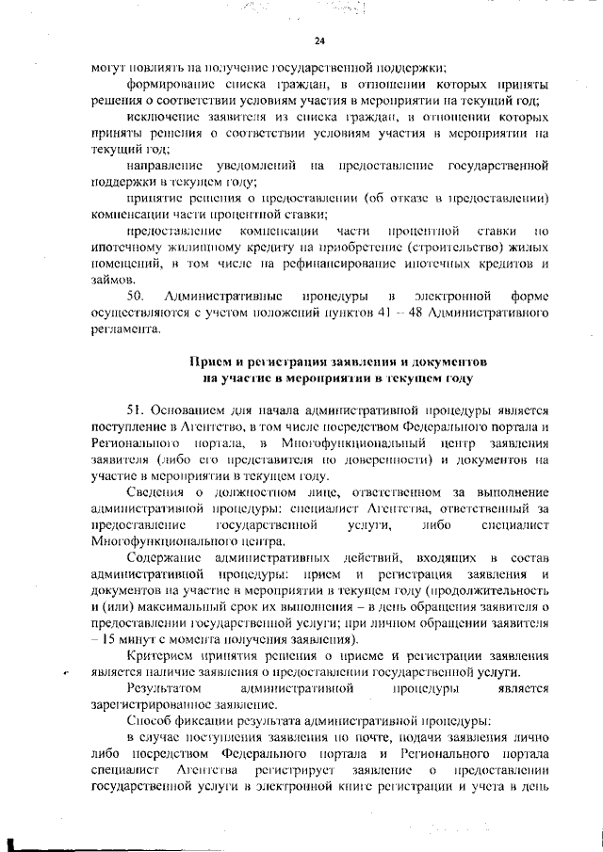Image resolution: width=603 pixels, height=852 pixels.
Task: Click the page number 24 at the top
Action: pos(319,40)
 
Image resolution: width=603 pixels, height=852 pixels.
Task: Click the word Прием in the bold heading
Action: pos(212,362)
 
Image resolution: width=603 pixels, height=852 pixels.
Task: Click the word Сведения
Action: pos(155,491)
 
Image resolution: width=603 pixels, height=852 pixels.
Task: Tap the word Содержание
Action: pos(164,558)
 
